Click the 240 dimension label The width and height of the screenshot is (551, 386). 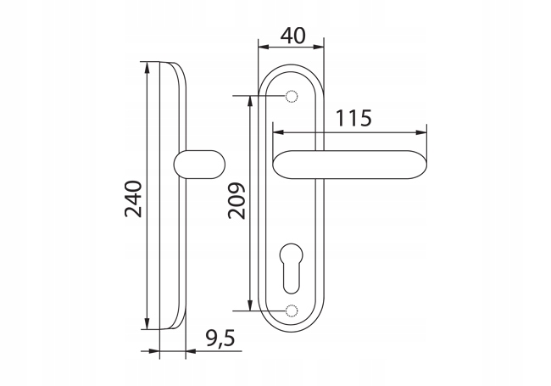coord(134,199)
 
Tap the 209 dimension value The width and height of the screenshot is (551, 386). coord(237,201)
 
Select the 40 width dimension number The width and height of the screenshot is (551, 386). coord(293,36)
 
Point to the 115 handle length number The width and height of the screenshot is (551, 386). coord(353,118)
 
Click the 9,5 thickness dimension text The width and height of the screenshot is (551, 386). coord(220,338)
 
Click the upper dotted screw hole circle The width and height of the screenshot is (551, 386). coord(292,96)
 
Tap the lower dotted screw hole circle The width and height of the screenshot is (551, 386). coord(292,310)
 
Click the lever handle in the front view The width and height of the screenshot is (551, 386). coord(350,165)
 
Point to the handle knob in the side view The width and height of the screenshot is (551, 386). coord(199,165)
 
